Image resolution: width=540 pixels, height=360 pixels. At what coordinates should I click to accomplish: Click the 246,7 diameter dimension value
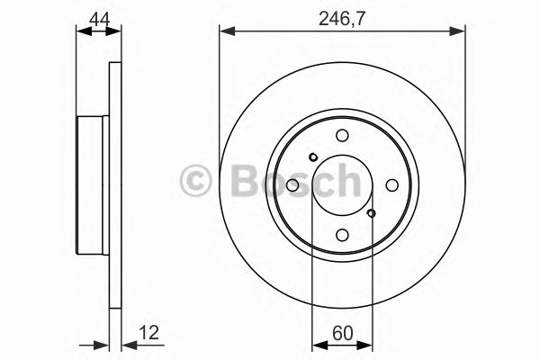tap(341, 18)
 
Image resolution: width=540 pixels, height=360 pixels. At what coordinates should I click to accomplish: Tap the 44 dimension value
tap(99, 19)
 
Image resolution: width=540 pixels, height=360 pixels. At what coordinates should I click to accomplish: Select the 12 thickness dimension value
tap(149, 333)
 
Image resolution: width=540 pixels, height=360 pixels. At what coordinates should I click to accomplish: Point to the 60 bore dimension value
tap(343, 333)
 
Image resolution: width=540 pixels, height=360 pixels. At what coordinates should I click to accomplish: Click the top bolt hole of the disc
tap(342, 135)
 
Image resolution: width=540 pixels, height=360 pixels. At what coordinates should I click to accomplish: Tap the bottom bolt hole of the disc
tap(342, 235)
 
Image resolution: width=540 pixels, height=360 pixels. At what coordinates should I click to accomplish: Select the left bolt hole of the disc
tap(292, 185)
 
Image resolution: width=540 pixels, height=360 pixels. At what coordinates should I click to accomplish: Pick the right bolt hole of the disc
tap(391, 185)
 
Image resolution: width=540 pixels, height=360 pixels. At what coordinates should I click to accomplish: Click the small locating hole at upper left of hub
tap(312, 157)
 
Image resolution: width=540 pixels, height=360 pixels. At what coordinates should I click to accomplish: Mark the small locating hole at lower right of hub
tap(371, 213)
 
